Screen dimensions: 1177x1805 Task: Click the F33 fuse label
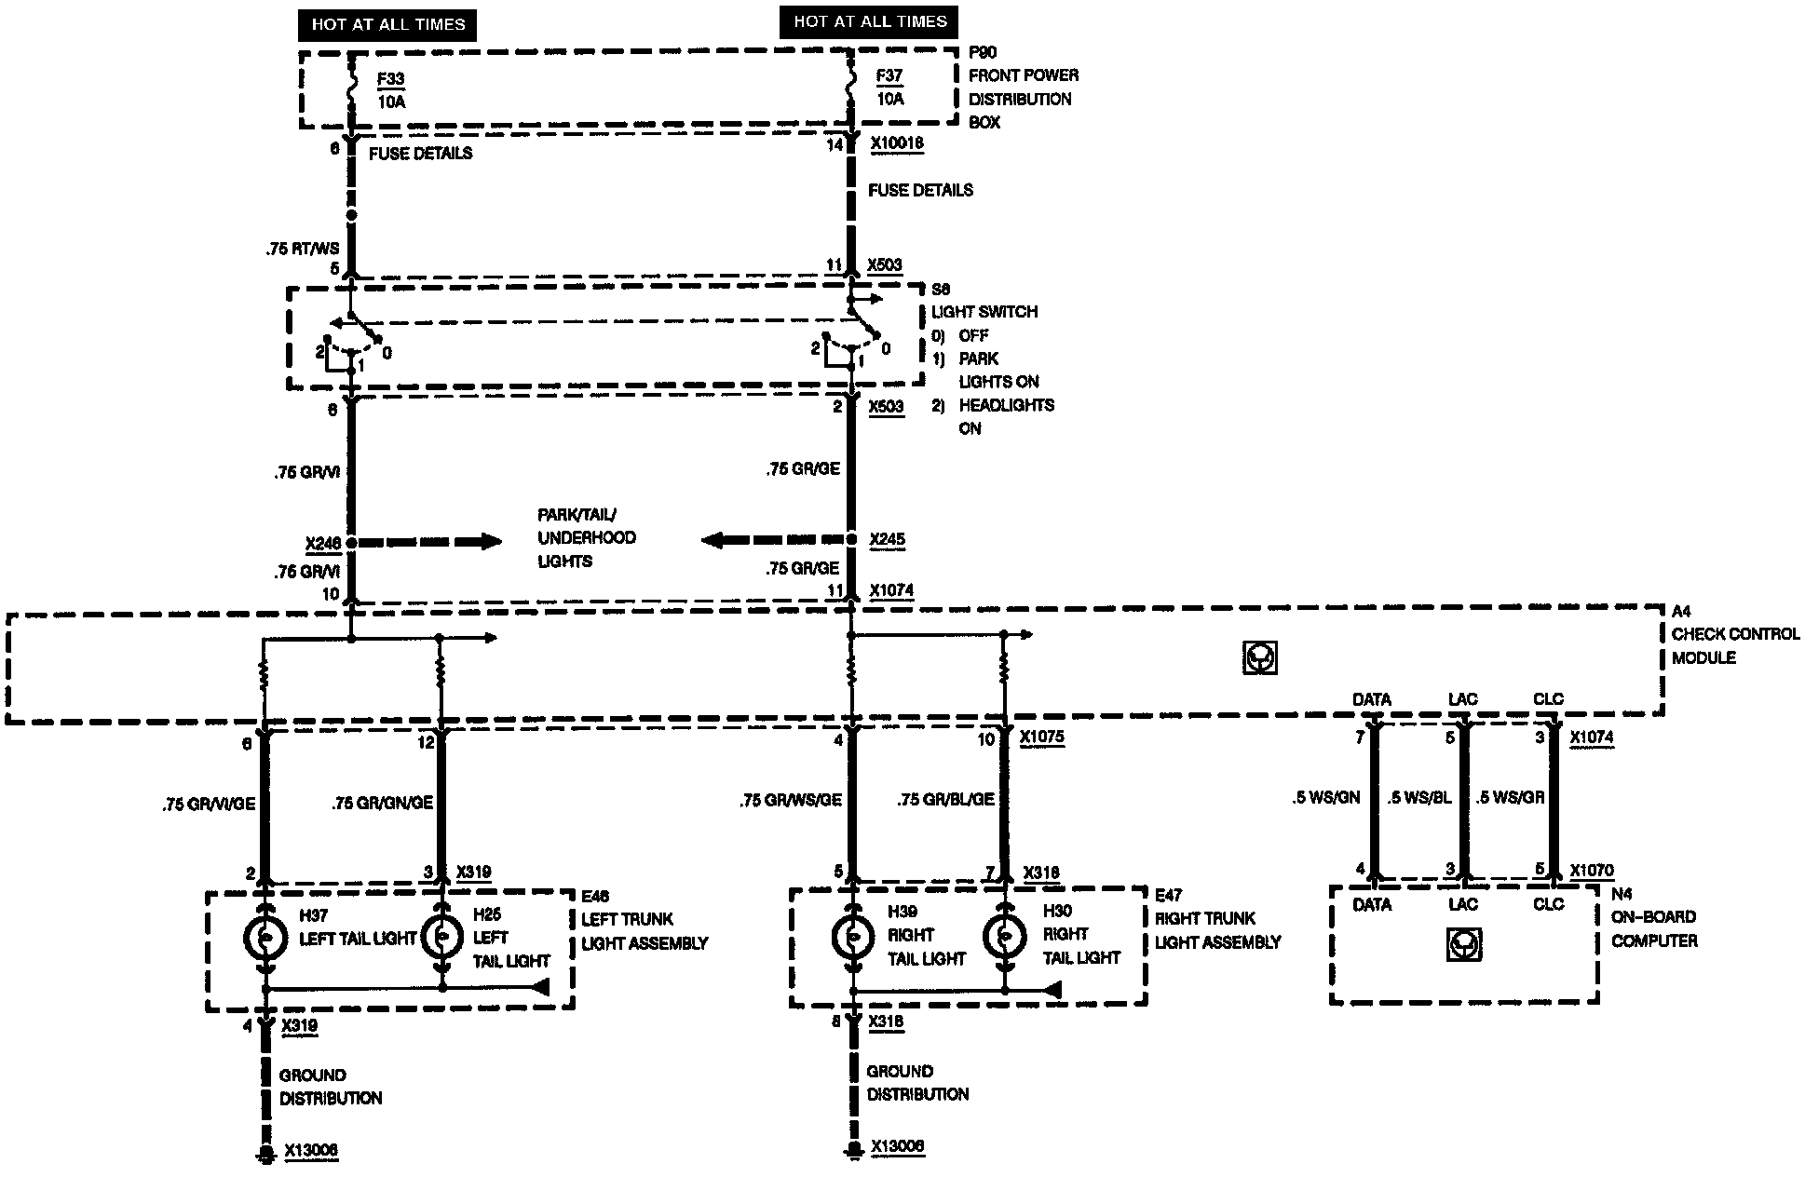[x=391, y=79]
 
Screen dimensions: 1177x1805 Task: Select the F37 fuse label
[x=889, y=76]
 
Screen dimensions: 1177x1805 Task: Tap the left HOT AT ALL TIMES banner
[x=387, y=25]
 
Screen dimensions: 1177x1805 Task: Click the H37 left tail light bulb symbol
[x=265, y=938]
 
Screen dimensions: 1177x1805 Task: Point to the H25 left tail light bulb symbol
[x=442, y=938]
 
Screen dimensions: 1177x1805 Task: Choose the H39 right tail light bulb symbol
[x=852, y=936]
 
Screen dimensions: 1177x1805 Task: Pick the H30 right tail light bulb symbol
[x=1004, y=936]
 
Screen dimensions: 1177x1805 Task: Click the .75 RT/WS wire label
[x=303, y=249]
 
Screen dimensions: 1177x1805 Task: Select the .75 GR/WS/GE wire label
[x=791, y=800]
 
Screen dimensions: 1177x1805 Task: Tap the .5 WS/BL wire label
[x=1418, y=798]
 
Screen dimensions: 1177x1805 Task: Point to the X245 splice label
[x=887, y=539]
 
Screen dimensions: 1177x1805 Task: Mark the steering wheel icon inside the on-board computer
[x=1464, y=946]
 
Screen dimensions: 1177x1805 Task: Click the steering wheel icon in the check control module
[x=1260, y=658]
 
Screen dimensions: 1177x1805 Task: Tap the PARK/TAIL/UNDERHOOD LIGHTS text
[x=586, y=538]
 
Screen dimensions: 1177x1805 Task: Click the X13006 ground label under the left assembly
[x=311, y=1151]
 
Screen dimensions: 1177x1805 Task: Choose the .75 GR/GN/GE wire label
[x=383, y=803]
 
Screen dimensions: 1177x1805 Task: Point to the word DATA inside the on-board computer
[x=1372, y=904]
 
